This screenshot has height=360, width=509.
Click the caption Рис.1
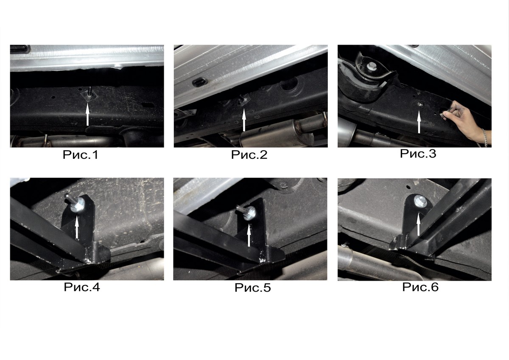pyautogui.click(x=81, y=155)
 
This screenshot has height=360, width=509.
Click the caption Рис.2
pyautogui.click(x=249, y=155)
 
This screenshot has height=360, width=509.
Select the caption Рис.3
pyautogui.click(x=418, y=153)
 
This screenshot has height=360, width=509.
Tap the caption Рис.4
pyautogui.click(x=82, y=287)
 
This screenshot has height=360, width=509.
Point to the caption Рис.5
pyautogui.click(x=253, y=287)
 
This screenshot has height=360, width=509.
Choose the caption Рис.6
pyautogui.click(x=420, y=287)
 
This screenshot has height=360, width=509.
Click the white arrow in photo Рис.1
pyautogui.click(x=87, y=114)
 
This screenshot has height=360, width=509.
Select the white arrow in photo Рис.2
pyautogui.click(x=244, y=120)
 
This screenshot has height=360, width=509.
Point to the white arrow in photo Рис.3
pyautogui.click(x=419, y=122)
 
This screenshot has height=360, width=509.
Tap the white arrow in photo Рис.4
pyautogui.click(x=77, y=227)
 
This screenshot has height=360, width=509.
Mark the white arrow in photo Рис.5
pyautogui.click(x=249, y=235)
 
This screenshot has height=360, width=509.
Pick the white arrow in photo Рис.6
pyautogui.click(x=418, y=224)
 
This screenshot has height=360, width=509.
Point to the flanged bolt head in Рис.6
pyautogui.click(x=419, y=201)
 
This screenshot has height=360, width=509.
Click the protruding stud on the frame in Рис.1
pyautogui.click(x=90, y=92)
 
